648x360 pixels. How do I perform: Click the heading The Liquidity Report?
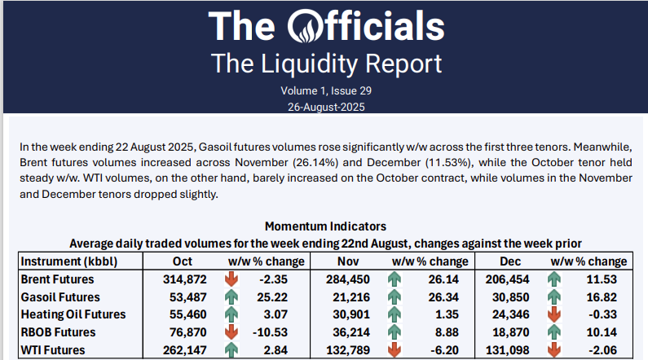326,63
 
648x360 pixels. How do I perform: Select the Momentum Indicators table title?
325,226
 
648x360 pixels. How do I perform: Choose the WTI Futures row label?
53,351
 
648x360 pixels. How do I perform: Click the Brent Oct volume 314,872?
183,279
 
